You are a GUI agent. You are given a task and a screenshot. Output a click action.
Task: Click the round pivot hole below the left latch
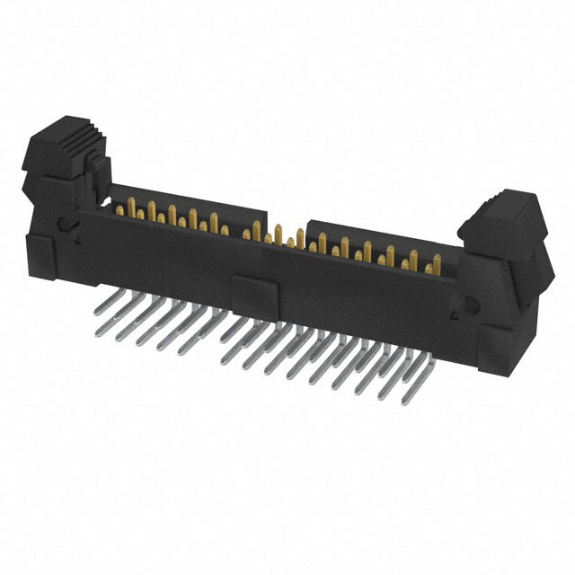pos(63,227)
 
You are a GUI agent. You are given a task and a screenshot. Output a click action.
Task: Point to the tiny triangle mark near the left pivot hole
pos(78,241)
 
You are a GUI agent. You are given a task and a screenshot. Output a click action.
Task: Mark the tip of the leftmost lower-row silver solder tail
pos(98,333)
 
